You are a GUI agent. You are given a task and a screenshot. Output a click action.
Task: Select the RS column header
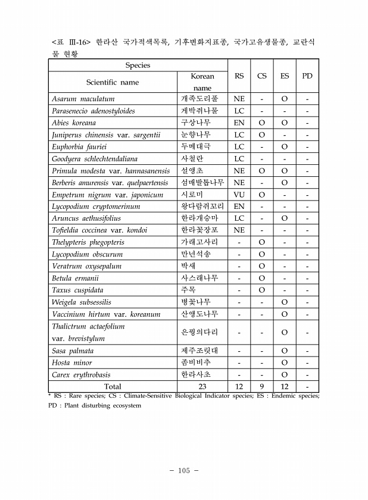[x=239, y=76]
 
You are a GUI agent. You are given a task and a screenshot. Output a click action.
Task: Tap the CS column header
[x=262, y=76]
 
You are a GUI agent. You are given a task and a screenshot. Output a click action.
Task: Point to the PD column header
[x=307, y=76]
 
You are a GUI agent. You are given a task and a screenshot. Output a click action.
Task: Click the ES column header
[x=285, y=76]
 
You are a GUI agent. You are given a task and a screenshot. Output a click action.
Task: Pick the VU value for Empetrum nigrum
[x=239, y=195]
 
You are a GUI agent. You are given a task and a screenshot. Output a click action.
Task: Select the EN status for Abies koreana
[x=239, y=123]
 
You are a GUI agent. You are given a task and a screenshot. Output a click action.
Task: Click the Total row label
[x=113, y=386]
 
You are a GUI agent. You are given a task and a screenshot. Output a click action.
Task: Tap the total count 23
[x=202, y=386]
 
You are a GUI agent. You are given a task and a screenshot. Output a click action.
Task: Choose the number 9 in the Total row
[x=262, y=386]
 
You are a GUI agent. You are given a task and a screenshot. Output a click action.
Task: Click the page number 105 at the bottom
[x=183, y=471]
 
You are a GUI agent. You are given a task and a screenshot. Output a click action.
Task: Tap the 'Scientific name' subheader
[x=113, y=82]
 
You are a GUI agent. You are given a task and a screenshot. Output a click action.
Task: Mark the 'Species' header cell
[x=138, y=65]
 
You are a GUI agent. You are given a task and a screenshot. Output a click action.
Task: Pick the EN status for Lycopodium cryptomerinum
[x=239, y=207]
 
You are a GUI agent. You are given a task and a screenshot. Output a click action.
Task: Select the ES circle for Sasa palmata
[x=285, y=351]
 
